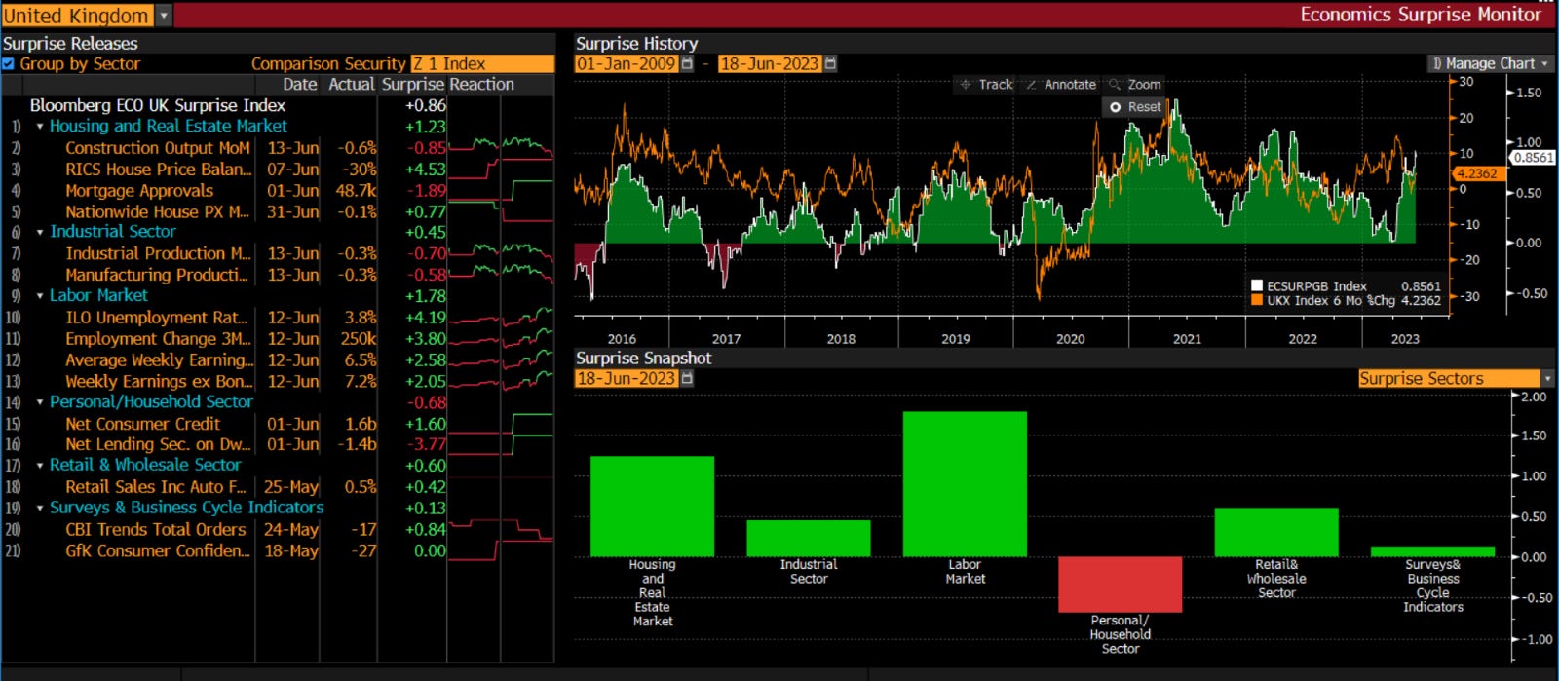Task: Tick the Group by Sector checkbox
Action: (9, 64)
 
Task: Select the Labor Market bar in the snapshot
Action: (965, 483)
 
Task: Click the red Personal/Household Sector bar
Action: (1120, 584)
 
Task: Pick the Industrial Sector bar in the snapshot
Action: (808, 538)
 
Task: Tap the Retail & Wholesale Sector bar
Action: (1275, 532)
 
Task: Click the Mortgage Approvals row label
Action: (139, 191)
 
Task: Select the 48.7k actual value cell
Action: (356, 191)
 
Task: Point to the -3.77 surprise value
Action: (426, 445)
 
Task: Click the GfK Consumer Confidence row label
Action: (157, 551)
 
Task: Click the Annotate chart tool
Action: (1061, 85)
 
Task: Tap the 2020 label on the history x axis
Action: (1070, 339)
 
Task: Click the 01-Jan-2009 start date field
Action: (627, 63)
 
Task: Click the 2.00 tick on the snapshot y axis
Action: (1533, 397)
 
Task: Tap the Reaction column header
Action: (481, 85)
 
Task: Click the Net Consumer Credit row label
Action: (143, 424)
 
